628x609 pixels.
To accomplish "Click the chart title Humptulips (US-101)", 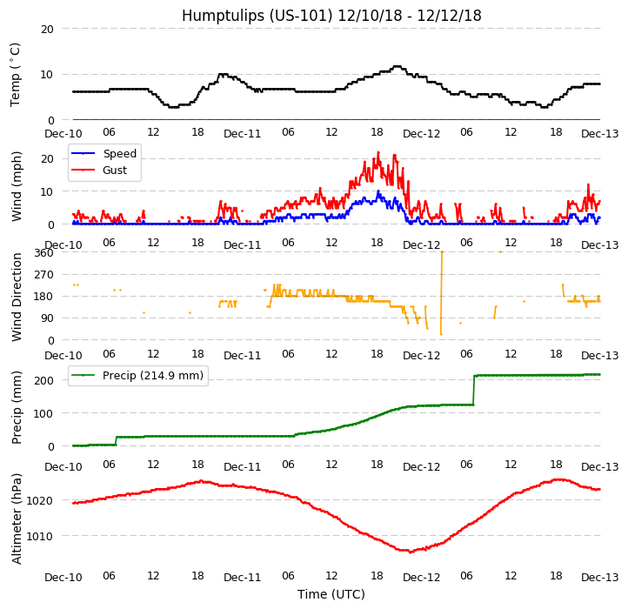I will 331,16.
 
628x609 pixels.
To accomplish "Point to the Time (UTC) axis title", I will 331,594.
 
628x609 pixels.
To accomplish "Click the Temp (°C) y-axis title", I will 16,74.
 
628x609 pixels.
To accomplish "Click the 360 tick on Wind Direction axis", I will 43,253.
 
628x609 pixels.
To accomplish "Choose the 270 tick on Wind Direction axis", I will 43,275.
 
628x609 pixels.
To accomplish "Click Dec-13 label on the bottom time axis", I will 600,578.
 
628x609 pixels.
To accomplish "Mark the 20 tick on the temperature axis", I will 47,29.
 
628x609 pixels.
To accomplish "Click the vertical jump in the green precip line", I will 474,390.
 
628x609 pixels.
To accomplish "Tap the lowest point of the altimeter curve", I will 411,552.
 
